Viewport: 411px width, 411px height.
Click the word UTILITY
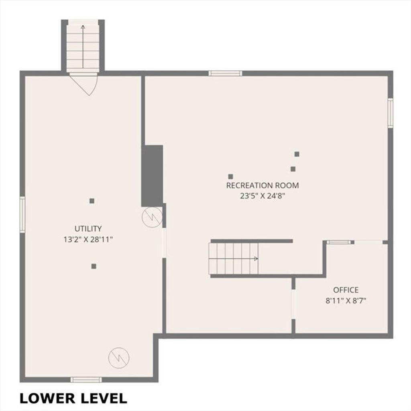88,229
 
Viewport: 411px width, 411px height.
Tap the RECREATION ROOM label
262,185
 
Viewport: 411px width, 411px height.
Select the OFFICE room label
346,290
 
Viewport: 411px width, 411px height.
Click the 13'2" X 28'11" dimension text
88,239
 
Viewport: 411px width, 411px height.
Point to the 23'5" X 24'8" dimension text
262,196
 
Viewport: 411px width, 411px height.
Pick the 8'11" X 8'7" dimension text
346,301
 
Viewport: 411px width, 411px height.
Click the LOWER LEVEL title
73,398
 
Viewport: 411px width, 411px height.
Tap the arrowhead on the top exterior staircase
83,27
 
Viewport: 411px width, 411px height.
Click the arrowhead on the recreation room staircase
256,259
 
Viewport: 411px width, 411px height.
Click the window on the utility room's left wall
22,215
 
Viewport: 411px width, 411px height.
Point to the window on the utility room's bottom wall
86,380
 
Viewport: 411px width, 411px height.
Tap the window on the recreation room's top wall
226,73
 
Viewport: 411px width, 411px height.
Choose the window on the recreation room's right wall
391,113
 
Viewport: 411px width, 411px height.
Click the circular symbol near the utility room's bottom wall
119,358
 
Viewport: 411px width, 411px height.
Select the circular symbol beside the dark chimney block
152,217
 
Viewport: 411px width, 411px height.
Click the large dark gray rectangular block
152,176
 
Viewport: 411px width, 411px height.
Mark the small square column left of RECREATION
231,176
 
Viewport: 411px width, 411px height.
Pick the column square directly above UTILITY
92,201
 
